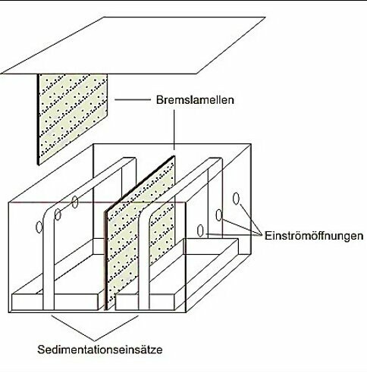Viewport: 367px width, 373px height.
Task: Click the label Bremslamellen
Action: [195, 100]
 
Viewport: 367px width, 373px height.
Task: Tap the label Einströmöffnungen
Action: [314, 236]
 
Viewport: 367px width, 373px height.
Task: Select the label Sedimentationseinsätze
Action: [100, 349]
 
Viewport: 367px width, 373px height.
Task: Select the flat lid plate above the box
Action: [133, 45]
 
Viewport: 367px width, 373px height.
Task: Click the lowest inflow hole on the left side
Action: [39, 227]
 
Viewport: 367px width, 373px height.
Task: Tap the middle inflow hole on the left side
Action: [58, 215]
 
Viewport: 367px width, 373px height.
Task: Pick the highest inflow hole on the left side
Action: [75, 202]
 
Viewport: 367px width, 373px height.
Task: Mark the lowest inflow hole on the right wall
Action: [200, 230]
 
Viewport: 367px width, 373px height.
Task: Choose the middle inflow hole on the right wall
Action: [219, 215]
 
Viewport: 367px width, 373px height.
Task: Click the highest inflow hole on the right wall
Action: [236, 199]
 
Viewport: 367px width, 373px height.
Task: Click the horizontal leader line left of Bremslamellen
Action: [133, 100]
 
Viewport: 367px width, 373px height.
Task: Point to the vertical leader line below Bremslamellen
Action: [174, 130]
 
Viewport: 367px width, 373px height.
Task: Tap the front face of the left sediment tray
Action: [55, 302]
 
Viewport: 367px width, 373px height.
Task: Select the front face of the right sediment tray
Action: [145, 302]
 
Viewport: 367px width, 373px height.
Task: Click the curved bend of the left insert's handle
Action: [48, 215]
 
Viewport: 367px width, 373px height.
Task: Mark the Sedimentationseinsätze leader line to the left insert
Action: [73, 328]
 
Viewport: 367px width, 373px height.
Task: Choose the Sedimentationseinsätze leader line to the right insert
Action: [117, 328]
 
